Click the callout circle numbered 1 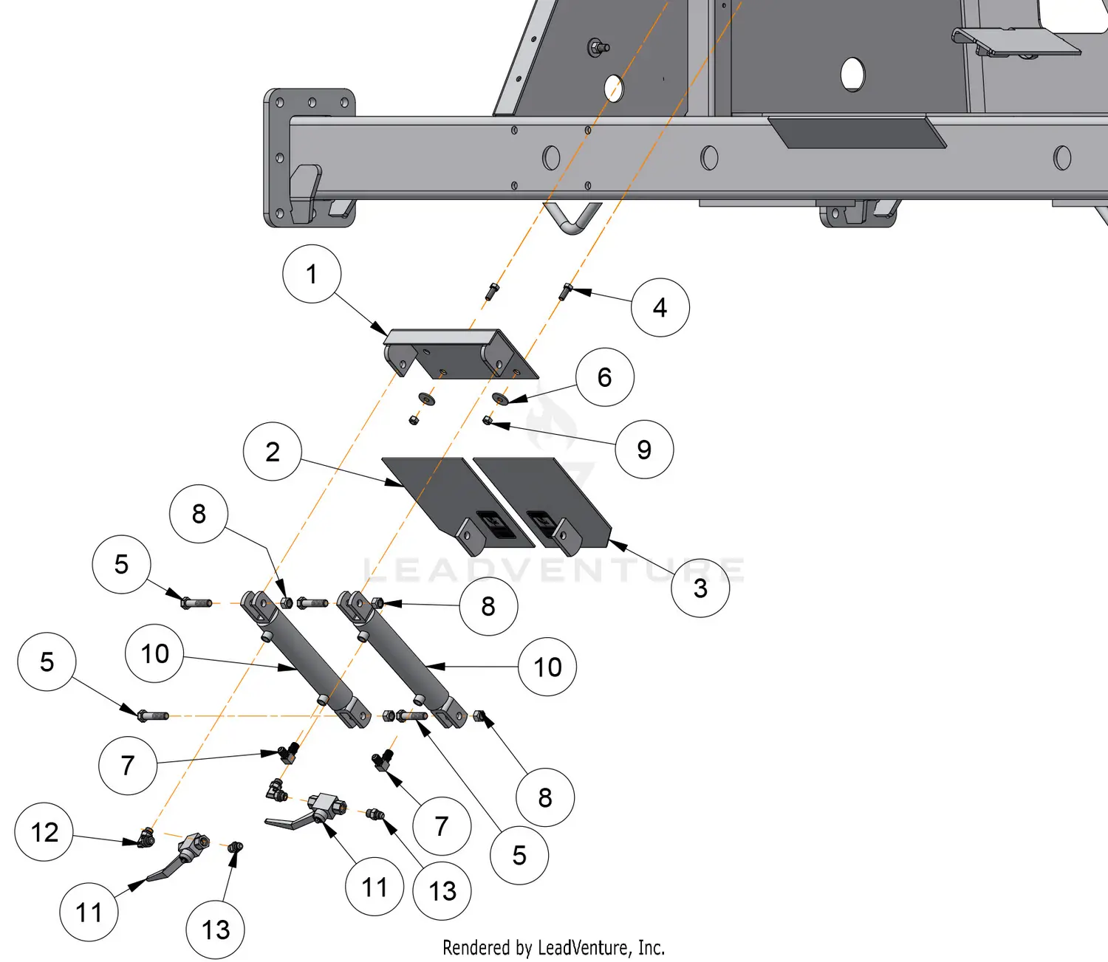[x=312, y=274]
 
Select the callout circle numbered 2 [x=273, y=452]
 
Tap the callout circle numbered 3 [x=700, y=588]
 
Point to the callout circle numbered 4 [x=660, y=308]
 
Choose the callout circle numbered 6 [x=605, y=377]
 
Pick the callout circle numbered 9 [x=644, y=450]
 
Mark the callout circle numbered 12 [x=44, y=832]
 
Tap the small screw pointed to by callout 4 [x=566, y=291]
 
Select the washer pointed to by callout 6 [x=501, y=399]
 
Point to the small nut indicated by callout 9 [x=488, y=421]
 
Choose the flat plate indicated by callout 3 [x=547, y=502]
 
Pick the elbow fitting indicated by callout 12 [x=146, y=838]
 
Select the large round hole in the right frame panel [x=852, y=75]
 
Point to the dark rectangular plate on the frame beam [x=857, y=132]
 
